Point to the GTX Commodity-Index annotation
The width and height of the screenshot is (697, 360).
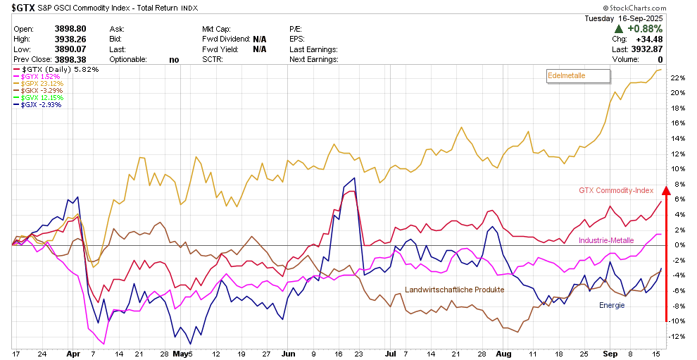coord(616,190)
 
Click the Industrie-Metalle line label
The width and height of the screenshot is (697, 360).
coord(606,241)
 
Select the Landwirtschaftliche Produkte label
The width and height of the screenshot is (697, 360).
coord(454,290)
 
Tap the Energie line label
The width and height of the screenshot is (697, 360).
coord(612,305)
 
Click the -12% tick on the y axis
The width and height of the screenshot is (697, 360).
coord(679,336)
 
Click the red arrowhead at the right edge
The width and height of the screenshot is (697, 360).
coord(666,187)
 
